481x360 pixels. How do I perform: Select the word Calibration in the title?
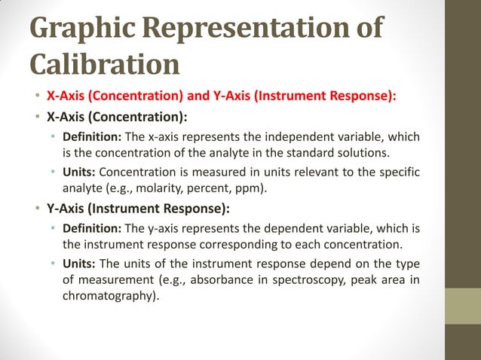click(105, 63)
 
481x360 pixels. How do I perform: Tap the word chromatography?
click(109, 296)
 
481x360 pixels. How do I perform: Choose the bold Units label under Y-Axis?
click(78, 265)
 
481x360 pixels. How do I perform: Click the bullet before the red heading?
click(35, 96)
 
